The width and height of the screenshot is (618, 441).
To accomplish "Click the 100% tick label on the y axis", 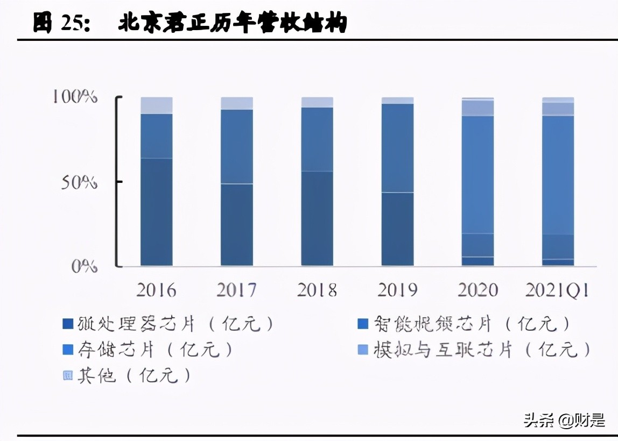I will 75,97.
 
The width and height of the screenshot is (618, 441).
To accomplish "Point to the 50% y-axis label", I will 79,182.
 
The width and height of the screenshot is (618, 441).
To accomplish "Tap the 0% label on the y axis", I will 84,266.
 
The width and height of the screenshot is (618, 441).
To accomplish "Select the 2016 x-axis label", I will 156,290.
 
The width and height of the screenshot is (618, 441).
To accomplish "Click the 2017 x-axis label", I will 236,290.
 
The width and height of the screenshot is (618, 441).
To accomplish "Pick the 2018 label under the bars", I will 317,290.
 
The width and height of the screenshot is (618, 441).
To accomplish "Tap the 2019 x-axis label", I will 397,290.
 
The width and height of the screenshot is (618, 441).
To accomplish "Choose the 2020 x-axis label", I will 477,290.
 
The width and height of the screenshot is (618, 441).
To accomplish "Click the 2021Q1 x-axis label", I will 558,290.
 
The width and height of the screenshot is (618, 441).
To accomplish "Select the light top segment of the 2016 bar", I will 156,105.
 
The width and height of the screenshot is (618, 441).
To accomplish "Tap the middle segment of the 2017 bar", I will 236,146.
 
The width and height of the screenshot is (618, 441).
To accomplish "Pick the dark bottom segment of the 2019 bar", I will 397,229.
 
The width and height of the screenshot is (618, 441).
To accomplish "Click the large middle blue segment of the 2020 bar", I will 477,174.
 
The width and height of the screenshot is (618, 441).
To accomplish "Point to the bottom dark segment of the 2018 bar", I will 317,218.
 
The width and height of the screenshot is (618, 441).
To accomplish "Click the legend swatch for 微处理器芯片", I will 67,324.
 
